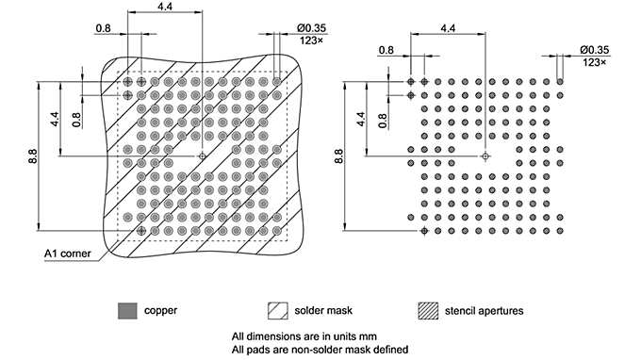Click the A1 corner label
[x=66, y=254]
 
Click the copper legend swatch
[x=126, y=309]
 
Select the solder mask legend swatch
[x=277, y=309]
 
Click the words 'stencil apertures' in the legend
[x=485, y=309]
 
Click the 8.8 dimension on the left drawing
[x=33, y=155]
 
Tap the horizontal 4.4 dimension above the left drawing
[x=164, y=8]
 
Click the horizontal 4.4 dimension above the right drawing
[x=449, y=29]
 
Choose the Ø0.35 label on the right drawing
[x=594, y=48]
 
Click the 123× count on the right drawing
[x=594, y=61]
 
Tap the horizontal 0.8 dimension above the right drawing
[x=386, y=49]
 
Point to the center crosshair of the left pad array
[x=202, y=155]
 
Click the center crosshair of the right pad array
[x=485, y=155]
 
